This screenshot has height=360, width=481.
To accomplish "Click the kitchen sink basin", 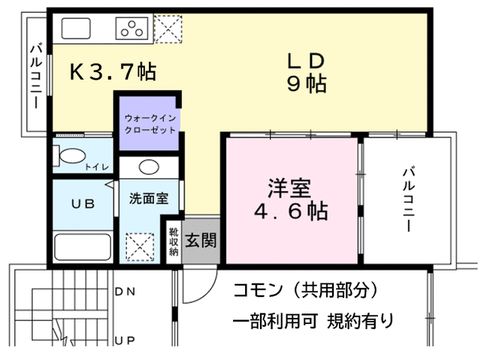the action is pyautogui.click(x=76, y=29).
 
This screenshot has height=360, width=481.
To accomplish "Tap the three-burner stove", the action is pyautogui.click(x=132, y=29).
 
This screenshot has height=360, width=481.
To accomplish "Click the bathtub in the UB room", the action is pyautogui.click(x=83, y=247).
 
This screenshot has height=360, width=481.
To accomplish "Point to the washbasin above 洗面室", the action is pyautogui.click(x=149, y=167).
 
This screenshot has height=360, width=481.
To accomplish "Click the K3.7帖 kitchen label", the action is pyautogui.click(x=113, y=72).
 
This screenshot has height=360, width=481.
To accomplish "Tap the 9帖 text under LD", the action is pyautogui.click(x=307, y=83).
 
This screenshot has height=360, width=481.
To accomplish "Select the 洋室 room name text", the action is pyautogui.click(x=289, y=188).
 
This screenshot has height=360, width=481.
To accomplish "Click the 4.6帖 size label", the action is pyautogui.click(x=291, y=210).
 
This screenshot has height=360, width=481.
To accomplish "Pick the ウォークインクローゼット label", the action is pyautogui.click(x=150, y=124).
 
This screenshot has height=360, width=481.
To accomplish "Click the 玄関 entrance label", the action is pyautogui.click(x=201, y=240).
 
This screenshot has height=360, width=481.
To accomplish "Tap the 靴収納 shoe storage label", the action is pyautogui.click(x=174, y=241).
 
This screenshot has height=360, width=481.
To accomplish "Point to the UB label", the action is pyautogui.click(x=83, y=204).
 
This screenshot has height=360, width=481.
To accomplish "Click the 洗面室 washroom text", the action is pyautogui.click(x=149, y=198).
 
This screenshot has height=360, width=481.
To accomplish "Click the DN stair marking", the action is pyautogui.click(x=125, y=292).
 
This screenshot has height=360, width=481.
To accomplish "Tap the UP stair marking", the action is pyautogui.click(x=125, y=340).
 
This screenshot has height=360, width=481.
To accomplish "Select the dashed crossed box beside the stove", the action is pyautogui.click(x=168, y=29).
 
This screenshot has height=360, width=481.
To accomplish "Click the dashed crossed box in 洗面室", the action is pyautogui.click(x=140, y=247).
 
